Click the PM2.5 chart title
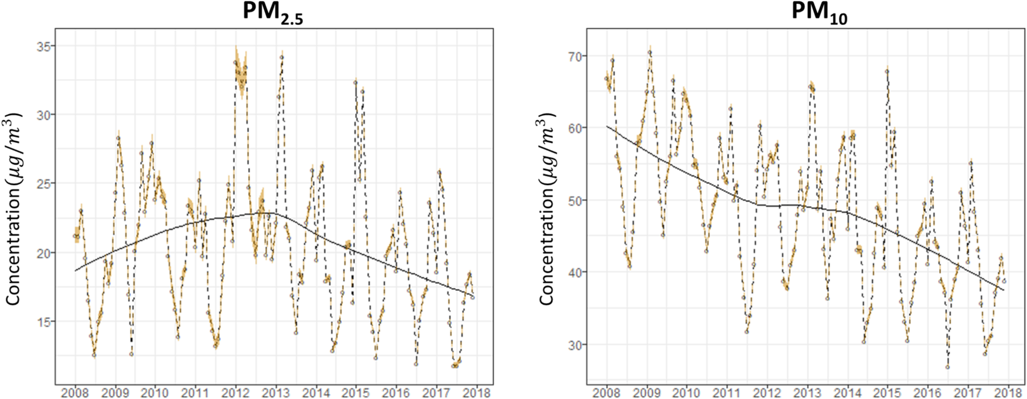[272, 12]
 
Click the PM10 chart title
[819, 12]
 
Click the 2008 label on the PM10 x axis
[607, 393]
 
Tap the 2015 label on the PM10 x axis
[887, 393]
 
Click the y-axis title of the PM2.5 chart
[13, 209]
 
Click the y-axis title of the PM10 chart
[546, 209]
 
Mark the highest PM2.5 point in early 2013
[282, 57]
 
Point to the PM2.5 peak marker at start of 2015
[355, 83]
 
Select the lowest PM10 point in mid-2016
[947, 367]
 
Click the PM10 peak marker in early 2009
[650, 53]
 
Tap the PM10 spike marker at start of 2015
[887, 71]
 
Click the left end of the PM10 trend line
[607, 126]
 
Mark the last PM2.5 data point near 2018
[473, 297]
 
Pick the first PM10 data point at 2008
[606, 78]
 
